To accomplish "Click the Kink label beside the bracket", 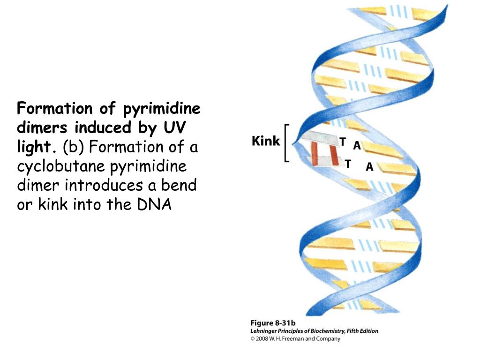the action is (266, 141).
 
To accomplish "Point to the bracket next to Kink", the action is (286, 143).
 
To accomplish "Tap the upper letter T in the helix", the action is (343, 142).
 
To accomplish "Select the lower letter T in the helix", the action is (348, 164).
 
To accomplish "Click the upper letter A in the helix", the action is (357, 146).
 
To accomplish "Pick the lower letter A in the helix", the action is (369, 166).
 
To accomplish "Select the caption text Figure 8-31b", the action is (273, 323).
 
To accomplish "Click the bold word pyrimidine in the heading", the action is (162, 109).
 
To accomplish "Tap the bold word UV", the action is (172, 128).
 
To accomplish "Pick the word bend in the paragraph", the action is (180, 186).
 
